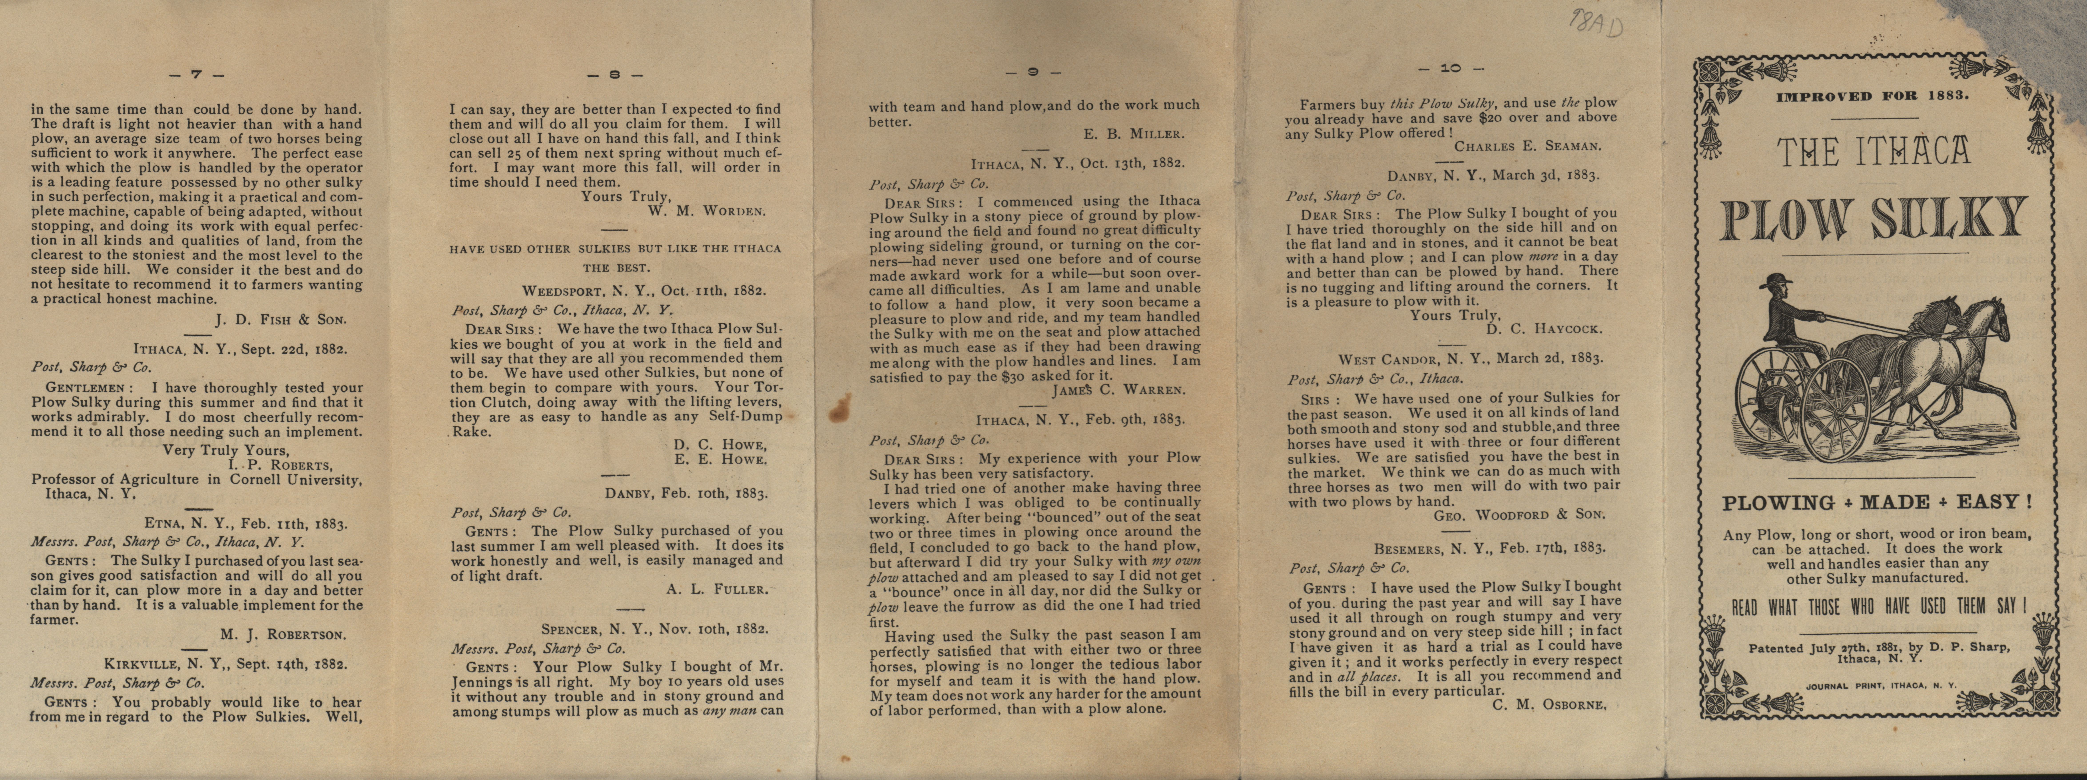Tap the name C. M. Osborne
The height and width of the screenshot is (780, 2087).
click(x=1548, y=705)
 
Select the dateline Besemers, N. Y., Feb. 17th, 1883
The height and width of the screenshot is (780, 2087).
click(x=1489, y=548)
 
